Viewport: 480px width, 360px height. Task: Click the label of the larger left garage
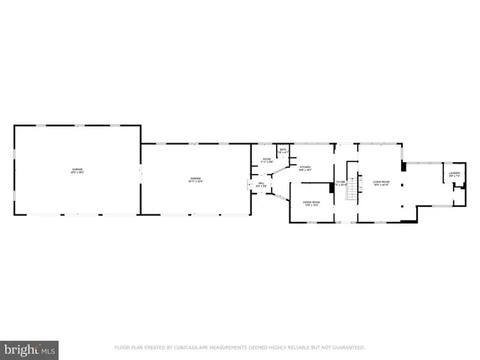tap(77, 171)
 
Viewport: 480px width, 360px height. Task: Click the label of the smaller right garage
tap(195, 179)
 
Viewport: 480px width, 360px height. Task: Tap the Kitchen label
tap(305, 169)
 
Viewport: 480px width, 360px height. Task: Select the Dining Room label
tap(312, 203)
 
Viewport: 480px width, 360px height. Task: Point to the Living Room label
tap(381, 182)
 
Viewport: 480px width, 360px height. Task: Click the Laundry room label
tap(454, 175)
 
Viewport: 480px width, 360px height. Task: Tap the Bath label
tap(283, 151)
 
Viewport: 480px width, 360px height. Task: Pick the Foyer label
tap(340, 182)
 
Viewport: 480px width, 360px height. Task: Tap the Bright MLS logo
tap(30, 350)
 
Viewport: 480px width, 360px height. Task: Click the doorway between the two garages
tap(140, 172)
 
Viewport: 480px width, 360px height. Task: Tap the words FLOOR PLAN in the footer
tap(129, 347)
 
